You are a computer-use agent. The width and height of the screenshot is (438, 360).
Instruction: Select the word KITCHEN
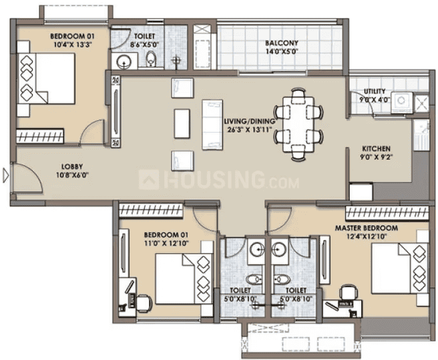(x=376, y=149)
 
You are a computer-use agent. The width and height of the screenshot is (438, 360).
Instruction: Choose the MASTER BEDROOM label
(x=366, y=228)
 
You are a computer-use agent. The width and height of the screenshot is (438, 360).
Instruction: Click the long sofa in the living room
(x=212, y=124)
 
